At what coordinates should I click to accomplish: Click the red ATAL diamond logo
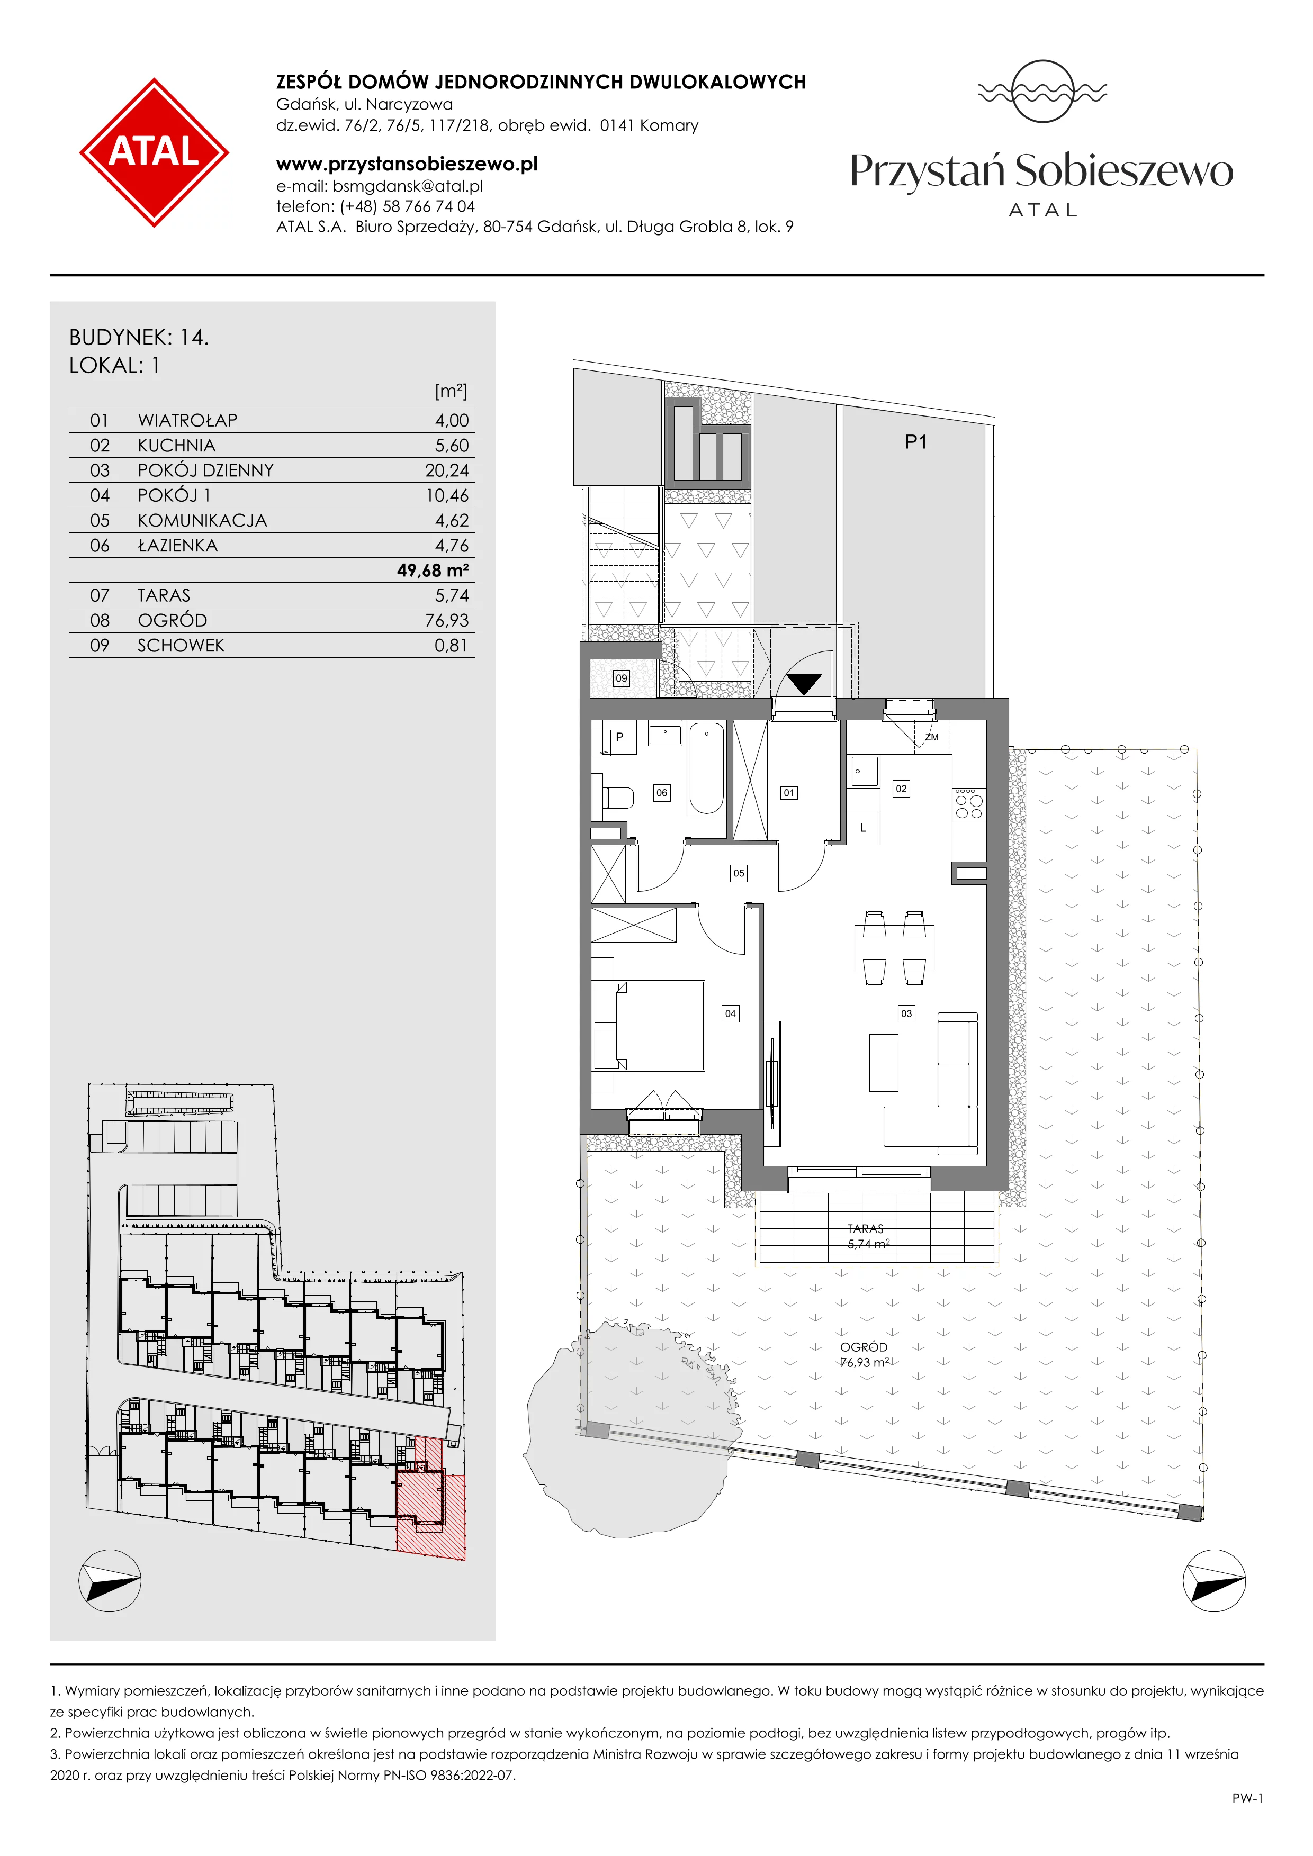tap(154, 152)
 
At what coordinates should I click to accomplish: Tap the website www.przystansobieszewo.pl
tap(407, 164)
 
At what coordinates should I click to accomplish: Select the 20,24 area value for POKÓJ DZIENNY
tap(446, 470)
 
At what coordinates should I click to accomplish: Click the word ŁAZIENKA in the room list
tap(178, 546)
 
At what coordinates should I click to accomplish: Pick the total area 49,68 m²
tap(433, 571)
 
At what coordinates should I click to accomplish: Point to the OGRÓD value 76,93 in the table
tap(446, 621)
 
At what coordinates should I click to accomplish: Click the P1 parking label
tap(915, 442)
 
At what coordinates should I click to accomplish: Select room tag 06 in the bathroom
tap(661, 793)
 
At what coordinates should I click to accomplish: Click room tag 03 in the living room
tap(906, 1013)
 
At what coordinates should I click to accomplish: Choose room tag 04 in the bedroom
tap(730, 1013)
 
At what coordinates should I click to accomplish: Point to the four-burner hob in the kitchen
tap(968, 803)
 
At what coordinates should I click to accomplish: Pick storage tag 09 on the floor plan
tap(621, 678)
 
